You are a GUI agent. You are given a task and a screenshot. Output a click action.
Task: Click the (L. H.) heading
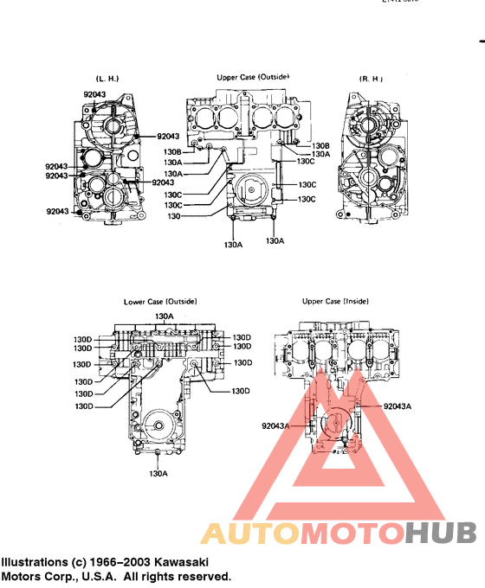pos(107,80)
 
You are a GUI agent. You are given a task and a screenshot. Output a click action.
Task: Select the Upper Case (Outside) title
pos(253,77)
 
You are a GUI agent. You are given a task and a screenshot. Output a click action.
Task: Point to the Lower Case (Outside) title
pos(160,301)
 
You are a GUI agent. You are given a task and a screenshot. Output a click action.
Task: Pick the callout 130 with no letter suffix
pos(173,216)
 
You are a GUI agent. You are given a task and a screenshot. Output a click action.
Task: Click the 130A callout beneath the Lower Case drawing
pos(158,473)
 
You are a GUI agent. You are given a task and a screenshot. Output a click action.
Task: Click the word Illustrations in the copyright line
pos(34,561)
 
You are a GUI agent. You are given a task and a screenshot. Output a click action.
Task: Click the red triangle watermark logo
pos(338,458)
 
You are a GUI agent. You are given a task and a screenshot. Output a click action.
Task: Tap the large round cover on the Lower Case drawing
pos(156,426)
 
